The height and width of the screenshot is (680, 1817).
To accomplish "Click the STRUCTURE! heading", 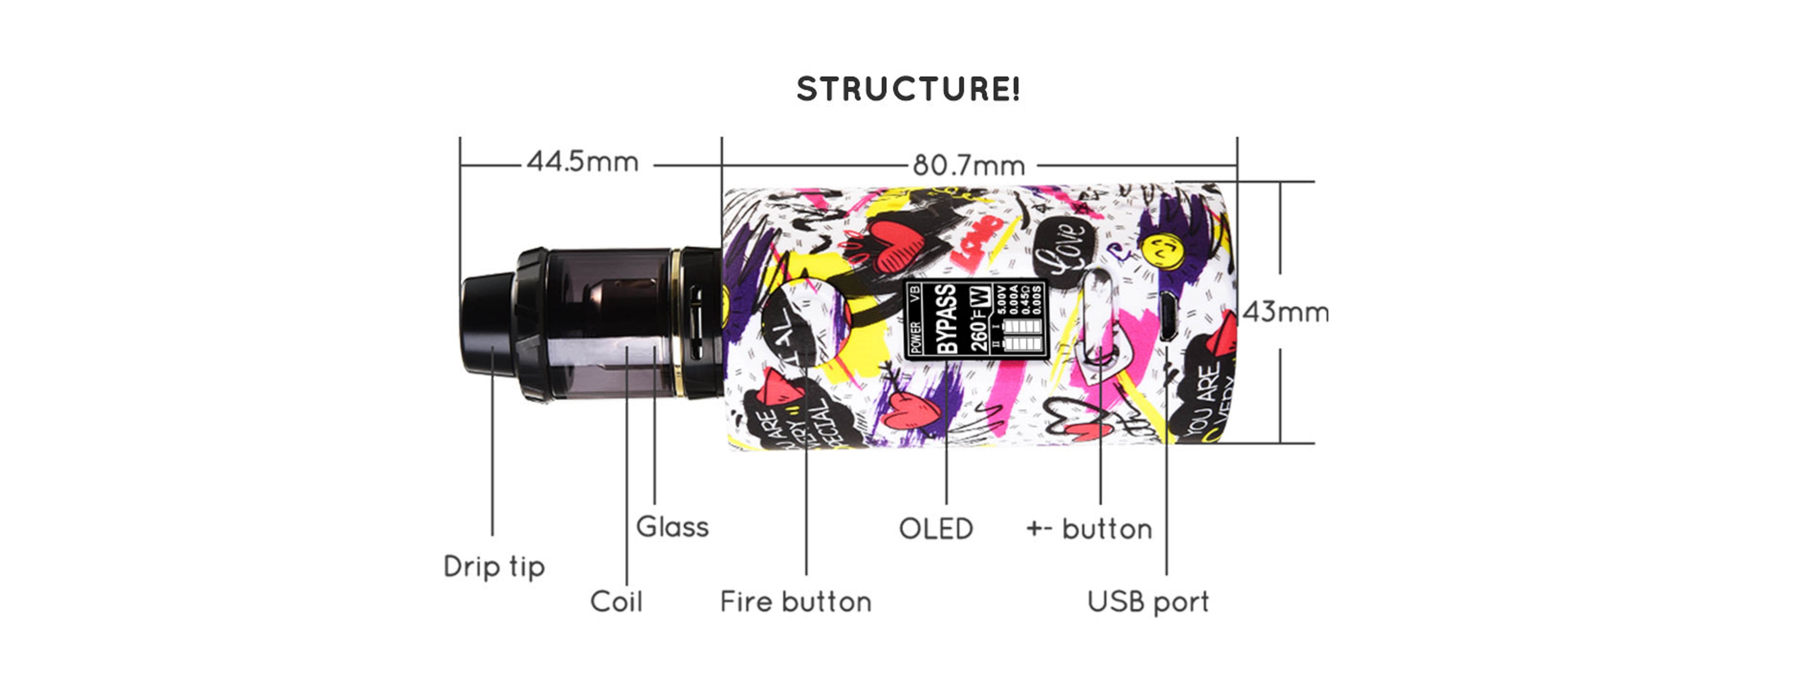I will [x=908, y=90].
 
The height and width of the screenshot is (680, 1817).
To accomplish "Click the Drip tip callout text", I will [x=494, y=566].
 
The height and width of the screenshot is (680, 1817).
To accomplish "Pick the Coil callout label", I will [x=616, y=602].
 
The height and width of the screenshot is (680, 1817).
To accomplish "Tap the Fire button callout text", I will [x=796, y=602].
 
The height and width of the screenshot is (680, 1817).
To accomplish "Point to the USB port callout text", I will [x=1148, y=602].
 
